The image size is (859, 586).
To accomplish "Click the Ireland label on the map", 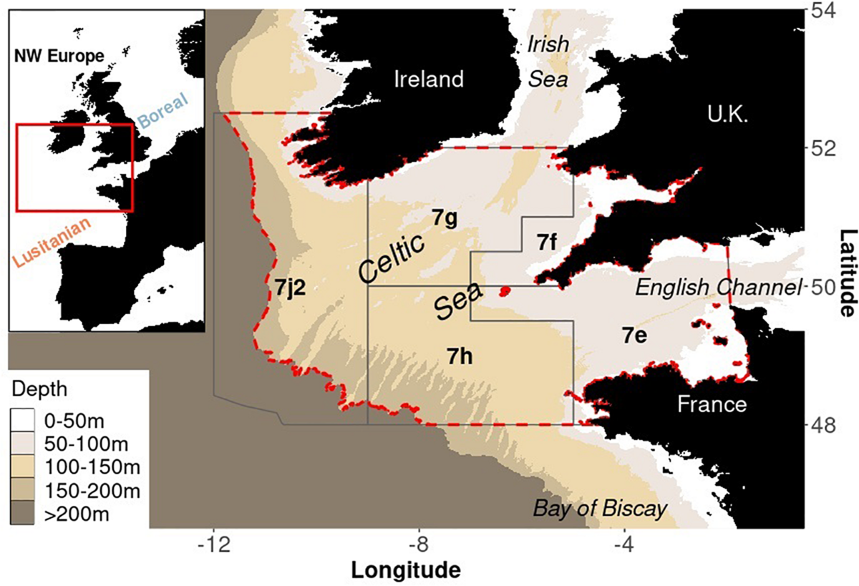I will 429,79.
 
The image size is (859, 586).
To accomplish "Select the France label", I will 712,405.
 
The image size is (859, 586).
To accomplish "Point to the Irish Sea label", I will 548,62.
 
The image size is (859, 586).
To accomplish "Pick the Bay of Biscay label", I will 600,509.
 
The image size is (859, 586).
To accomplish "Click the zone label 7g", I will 445,217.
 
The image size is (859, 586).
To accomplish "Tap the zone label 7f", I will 548,243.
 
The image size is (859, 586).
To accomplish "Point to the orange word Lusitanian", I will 52,244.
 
